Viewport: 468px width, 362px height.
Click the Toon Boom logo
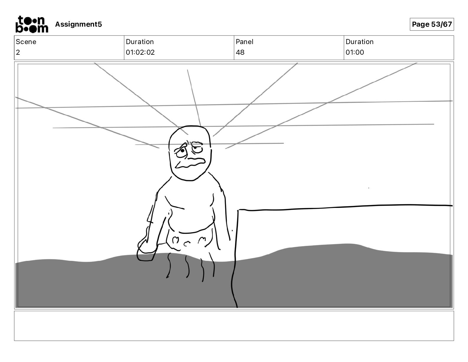(x=32, y=24)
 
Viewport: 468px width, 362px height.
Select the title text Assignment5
(x=78, y=24)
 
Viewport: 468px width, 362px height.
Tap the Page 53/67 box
(x=432, y=24)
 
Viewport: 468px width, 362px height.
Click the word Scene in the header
(x=26, y=42)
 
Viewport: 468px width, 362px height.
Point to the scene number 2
(x=18, y=52)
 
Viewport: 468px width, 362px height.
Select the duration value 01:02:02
(x=140, y=52)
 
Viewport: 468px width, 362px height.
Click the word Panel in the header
(x=244, y=42)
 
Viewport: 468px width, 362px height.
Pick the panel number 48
(x=240, y=52)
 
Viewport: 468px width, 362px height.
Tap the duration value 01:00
(x=355, y=52)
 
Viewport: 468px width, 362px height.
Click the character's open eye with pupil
(x=182, y=151)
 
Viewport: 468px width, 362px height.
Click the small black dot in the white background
(x=369, y=188)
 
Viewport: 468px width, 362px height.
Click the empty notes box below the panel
(x=234, y=326)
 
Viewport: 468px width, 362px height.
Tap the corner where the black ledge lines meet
(x=238, y=210)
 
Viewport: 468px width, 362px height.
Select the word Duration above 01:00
(x=359, y=42)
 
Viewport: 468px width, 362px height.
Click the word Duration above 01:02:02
(x=139, y=42)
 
